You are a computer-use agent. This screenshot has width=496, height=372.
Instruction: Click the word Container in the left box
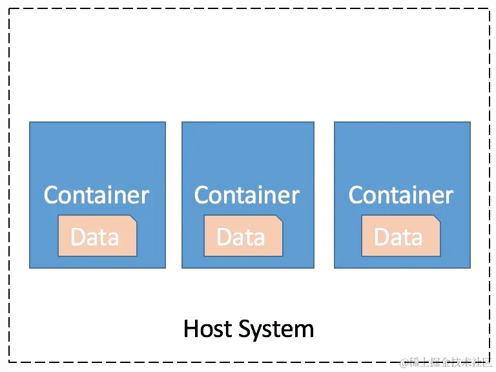(x=97, y=195)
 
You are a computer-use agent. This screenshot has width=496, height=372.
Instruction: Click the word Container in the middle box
(x=247, y=195)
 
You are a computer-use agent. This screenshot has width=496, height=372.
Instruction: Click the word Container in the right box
(x=401, y=195)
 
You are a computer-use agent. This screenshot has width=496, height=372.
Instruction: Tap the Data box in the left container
(x=97, y=236)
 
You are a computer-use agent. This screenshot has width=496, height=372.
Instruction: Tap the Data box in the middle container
(x=243, y=236)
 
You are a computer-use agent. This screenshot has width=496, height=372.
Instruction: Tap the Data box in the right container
(x=400, y=236)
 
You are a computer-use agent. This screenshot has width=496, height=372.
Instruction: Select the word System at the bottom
(x=275, y=329)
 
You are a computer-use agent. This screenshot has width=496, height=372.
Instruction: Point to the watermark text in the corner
(x=446, y=362)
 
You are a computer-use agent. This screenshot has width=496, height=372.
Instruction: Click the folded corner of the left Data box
(x=132, y=220)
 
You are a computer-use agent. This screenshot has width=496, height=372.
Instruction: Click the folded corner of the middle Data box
(x=278, y=220)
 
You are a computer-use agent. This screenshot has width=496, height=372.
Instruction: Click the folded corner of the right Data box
(x=436, y=220)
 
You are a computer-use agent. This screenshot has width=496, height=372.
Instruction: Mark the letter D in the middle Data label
(x=223, y=237)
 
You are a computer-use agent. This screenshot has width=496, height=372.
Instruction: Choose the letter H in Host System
(x=191, y=329)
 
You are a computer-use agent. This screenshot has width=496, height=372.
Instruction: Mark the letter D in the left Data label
(x=77, y=237)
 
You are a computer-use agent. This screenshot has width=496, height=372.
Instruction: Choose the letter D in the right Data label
(x=381, y=237)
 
